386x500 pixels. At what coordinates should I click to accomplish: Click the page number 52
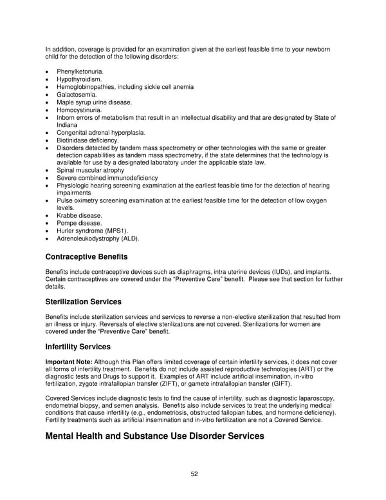point(194,474)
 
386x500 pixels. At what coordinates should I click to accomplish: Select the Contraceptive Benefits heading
point(86,256)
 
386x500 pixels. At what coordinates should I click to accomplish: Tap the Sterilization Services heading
point(83,302)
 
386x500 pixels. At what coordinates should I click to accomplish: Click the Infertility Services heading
point(78,347)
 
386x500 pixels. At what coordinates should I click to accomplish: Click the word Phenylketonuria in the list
point(80,72)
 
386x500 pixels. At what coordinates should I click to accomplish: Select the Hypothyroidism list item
point(79,79)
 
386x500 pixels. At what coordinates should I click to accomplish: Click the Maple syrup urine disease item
point(94,102)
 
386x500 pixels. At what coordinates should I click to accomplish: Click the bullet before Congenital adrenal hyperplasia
point(48,133)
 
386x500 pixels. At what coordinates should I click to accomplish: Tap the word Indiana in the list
point(68,125)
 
